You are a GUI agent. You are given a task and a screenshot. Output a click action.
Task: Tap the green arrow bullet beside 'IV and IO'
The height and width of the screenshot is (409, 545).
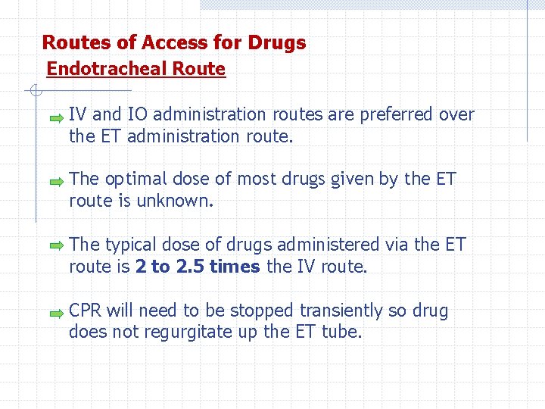(56, 118)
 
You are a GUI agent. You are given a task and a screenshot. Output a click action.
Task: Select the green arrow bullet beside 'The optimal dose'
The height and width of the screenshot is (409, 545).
(56, 183)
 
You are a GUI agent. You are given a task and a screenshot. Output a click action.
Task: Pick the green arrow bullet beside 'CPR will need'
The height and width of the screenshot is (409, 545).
(56, 311)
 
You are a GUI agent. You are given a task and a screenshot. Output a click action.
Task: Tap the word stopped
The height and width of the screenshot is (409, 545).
(262, 311)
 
